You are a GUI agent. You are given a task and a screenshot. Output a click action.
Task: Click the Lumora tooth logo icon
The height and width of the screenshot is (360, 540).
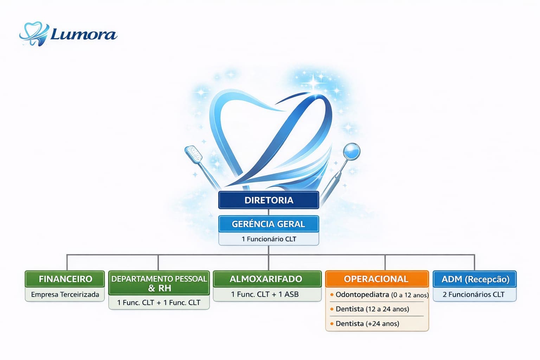point(34,34)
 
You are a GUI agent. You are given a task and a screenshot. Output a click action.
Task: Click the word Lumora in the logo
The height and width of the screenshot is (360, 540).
point(84,34)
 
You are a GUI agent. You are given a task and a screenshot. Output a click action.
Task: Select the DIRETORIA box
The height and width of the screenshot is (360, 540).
point(269,200)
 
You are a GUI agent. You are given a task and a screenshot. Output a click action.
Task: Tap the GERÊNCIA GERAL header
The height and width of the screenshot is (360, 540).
point(269,224)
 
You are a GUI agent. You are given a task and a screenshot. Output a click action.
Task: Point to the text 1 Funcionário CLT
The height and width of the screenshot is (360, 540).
point(269,239)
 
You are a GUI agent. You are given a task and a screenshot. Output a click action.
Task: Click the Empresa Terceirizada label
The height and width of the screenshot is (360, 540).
point(65,294)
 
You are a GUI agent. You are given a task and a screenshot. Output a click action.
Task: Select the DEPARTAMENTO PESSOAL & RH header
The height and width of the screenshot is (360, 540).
point(159,283)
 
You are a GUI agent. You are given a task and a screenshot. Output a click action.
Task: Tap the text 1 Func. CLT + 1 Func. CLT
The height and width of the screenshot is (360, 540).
point(159,303)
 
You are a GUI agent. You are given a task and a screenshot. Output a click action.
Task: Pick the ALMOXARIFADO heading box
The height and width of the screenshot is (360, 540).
point(267,279)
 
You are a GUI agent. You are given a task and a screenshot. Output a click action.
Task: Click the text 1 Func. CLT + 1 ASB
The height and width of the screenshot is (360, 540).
point(265,294)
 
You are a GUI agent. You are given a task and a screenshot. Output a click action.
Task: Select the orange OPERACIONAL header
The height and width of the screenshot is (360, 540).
point(377,279)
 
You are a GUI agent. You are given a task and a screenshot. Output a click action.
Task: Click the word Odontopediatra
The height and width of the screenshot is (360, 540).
point(362,295)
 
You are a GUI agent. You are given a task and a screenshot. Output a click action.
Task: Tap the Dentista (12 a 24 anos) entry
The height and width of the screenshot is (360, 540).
point(372,309)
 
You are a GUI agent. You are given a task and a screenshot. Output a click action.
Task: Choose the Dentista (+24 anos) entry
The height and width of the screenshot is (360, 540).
point(367,323)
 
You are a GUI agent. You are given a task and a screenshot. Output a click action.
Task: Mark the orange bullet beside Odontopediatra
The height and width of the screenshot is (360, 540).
point(332,295)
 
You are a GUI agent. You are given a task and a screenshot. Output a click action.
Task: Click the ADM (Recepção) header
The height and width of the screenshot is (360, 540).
point(475,279)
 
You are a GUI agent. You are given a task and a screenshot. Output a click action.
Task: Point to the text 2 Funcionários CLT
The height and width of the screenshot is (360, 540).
point(474,294)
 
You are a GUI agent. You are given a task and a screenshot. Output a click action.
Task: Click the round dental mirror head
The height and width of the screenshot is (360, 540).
point(352,152)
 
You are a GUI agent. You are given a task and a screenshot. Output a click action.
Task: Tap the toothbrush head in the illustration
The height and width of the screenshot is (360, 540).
point(193,154)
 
